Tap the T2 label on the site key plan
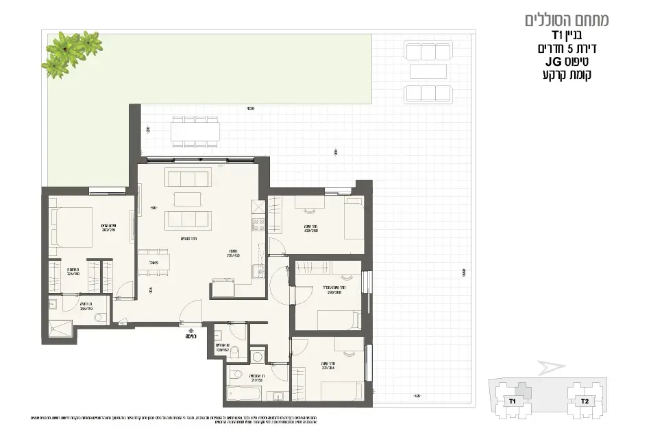pos(585,401)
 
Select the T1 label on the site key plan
pos(511,401)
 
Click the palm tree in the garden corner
pos(71,51)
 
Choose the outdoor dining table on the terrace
pos(195,131)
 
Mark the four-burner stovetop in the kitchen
pos(258,222)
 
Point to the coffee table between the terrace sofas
pos(428,71)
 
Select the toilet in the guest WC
pos(234,351)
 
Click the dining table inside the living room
pos(153,262)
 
